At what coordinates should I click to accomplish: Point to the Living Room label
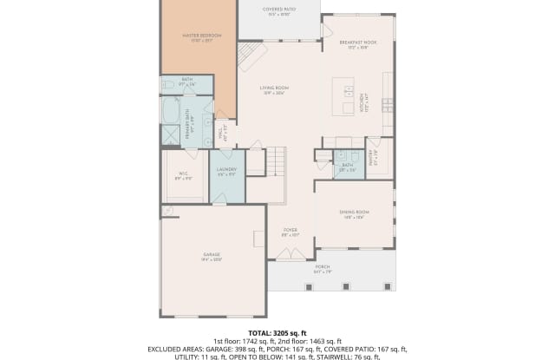[274, 90]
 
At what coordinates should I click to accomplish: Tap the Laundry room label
[226, 171]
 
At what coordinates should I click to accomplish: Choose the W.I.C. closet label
[184, 176]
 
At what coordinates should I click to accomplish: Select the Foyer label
[290, 232]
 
